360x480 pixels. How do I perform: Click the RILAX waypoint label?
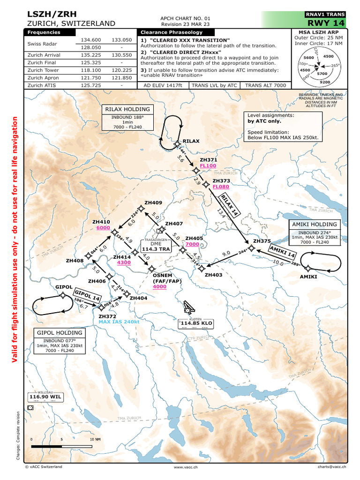click(191, 141)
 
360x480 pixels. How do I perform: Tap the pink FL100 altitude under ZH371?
click(208, 166)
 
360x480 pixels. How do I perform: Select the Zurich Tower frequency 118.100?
click(91, 69)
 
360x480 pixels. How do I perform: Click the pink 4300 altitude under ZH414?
click(124, 262)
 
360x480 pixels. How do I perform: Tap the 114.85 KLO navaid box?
click(196, 323)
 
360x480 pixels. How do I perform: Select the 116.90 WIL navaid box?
click(45, 397)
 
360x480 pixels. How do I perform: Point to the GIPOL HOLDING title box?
click(60, 332)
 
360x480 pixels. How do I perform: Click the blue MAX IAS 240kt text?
click(119, 322)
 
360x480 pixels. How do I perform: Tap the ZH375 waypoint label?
click(262, 241)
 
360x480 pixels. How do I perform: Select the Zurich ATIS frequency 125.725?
click(91, 85)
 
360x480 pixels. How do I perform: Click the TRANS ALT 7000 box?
click(265, 85)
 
